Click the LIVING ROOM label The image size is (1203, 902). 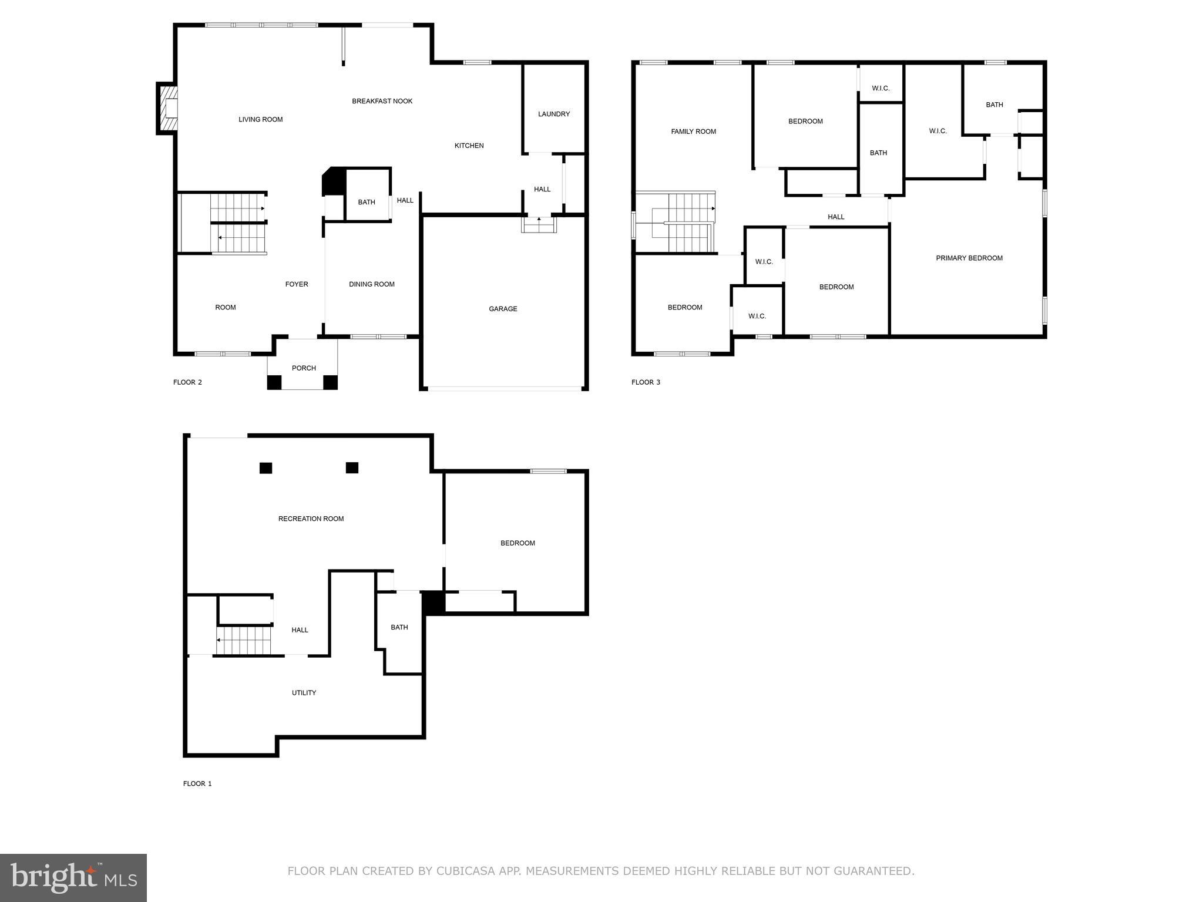pos(260,119)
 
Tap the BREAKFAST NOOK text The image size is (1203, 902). pos(382,101)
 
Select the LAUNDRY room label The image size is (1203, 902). pos(554,114)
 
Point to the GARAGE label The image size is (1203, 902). pos(503,309)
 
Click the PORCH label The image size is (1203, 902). pos(304,368)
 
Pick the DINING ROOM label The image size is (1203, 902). pos(372,284)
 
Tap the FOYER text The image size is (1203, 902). pos(297,284)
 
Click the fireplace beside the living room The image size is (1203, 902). pos(167,109)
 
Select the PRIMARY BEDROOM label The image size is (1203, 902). pos(969,258)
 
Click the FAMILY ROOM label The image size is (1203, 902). pos(694,132)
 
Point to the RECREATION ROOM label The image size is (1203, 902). pos(311,519)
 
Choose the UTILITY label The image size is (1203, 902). pos(304,693)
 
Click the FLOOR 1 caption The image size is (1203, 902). pos(197,783)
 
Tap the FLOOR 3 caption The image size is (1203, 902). pos(646,382)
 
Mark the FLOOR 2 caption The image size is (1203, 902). pos(187,382)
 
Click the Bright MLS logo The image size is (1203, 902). pos(73,878)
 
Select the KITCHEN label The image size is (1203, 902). pos(469,146)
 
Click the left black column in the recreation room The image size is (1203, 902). pos(266,468)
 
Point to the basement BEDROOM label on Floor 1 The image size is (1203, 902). pos(518,543)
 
